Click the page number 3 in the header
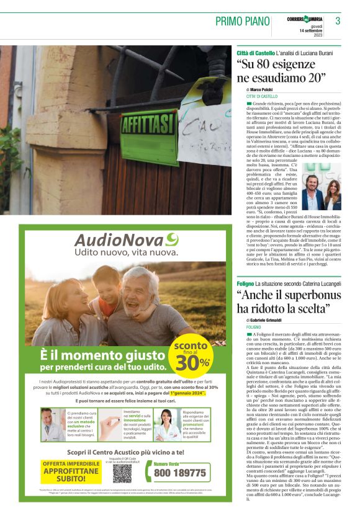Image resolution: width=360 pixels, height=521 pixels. pyautogui.click(x=338, y=21)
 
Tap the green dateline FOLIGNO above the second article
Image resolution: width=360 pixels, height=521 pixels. pyautogui.click(x=253, y=326)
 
